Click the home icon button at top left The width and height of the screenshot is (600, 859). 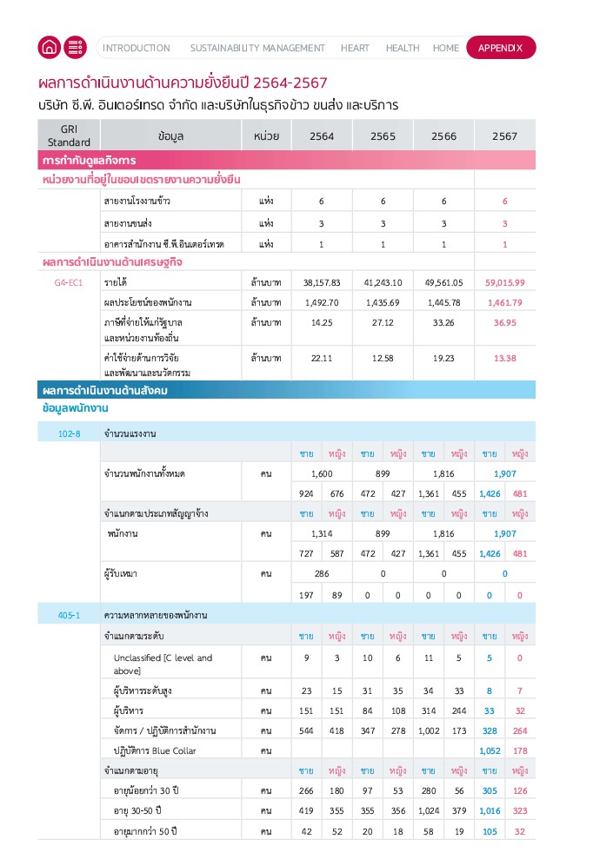[x=50, y=48]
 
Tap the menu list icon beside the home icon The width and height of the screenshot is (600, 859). [x=75, y=48]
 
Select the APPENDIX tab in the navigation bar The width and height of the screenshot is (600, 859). [x=501, y=48]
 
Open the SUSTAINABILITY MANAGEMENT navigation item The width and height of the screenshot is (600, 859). [x=257, y=48]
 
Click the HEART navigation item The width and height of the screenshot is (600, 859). [x=355, y=48]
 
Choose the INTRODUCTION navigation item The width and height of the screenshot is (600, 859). [x=137, y=48]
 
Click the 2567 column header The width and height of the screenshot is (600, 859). [x=504, y=135]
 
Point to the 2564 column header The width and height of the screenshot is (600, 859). [x=321, y=135]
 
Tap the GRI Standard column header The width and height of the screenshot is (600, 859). [x=69, y=135]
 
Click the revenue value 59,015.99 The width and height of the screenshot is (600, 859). [x=504, y=282]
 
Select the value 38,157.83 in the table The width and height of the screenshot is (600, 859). [x=321, y=282]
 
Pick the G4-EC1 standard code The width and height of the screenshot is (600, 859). [x=69, y=282]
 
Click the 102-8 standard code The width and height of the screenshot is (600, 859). [x=69, y=433]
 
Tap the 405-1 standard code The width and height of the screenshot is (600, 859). [x=69, y=615]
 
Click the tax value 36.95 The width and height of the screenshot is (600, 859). [x=504, y=322]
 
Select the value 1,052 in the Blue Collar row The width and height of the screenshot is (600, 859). [x=490, y=750]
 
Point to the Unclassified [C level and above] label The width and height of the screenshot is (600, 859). [x=163, y=664]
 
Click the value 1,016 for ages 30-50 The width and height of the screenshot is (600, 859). [x=490, y=810]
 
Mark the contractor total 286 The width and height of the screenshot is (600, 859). [x=321, y=574]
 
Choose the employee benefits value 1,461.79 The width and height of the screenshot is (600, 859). [x=504, y=302]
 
